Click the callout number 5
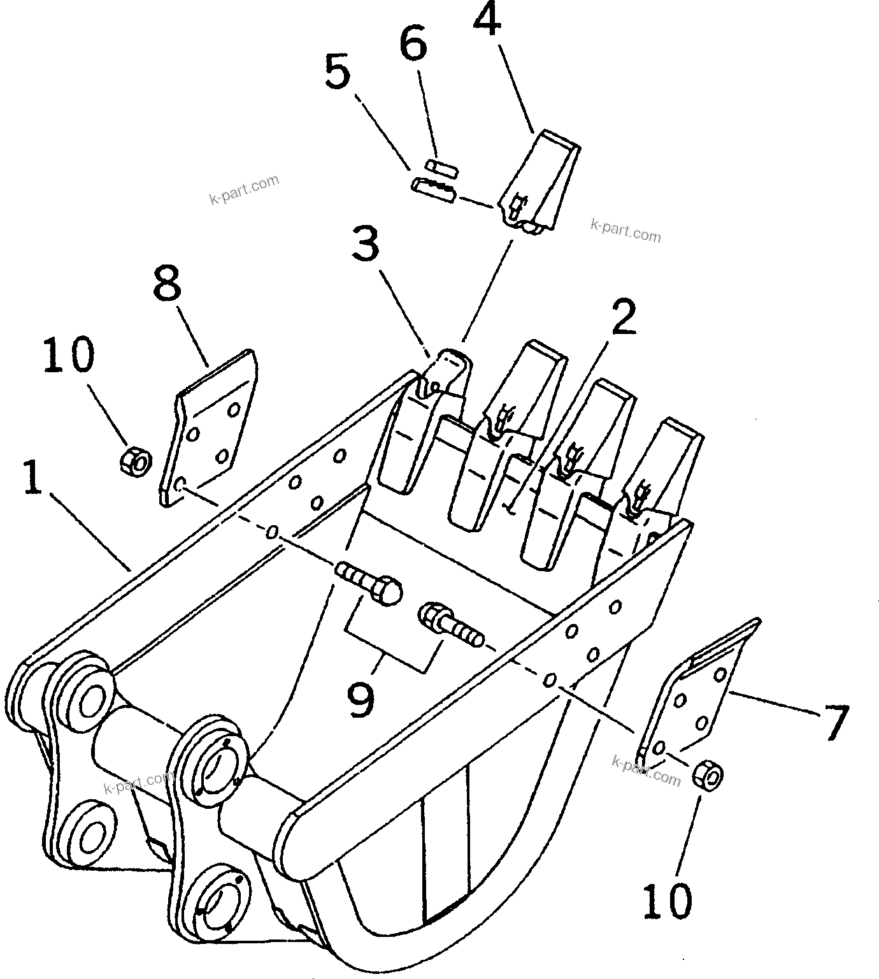coord(338,72)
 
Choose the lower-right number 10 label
coord(666,901)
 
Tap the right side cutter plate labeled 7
coord(697,701)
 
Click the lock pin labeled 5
coord(433,189)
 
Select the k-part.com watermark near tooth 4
coord(625,231)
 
